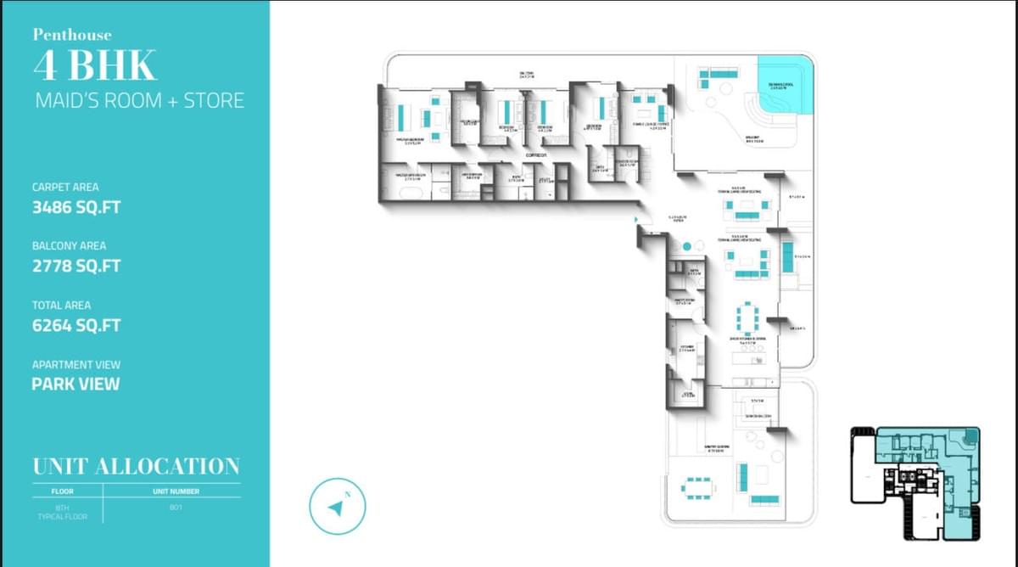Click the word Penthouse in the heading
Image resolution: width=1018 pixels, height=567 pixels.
72,35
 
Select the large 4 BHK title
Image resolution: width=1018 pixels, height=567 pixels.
94,65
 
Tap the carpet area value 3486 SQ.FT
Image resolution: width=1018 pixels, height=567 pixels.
76,207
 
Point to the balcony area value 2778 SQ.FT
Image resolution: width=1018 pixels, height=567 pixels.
76,266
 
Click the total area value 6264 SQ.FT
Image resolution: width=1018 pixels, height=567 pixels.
76,325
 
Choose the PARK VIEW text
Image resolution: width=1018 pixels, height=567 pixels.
76,384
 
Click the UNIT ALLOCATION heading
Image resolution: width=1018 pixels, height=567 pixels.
136,466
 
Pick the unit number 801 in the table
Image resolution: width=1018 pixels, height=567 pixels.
176,507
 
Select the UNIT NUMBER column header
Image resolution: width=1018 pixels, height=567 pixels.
176,491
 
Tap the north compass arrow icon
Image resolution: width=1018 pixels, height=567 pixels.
336,508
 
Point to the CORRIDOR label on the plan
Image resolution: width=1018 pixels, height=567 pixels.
535,155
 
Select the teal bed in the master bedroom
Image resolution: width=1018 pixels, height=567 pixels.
400,115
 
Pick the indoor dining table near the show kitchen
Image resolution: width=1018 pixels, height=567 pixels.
747,317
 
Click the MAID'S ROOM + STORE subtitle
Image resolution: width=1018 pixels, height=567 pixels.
139,100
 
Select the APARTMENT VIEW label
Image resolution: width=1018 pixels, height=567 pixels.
76,365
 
